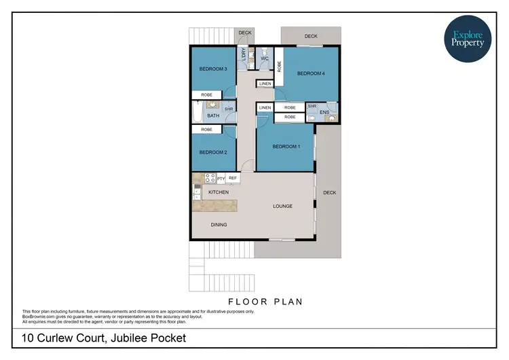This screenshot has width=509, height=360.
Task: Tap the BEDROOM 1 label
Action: (286, 147)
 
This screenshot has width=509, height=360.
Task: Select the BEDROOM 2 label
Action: (212, 152)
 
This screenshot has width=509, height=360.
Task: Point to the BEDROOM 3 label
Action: (212, 69)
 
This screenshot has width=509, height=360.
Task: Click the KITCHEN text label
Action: (219, 192)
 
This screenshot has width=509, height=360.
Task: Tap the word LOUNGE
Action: (282, 206)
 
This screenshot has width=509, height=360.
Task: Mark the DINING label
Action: (219, 225)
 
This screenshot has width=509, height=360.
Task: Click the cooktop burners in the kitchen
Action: (210, 179)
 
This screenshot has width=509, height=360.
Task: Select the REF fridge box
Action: (233, 178)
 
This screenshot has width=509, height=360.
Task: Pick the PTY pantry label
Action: (221, 179)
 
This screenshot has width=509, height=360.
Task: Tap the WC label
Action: (265, 58)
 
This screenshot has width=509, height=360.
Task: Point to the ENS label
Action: (324, 111)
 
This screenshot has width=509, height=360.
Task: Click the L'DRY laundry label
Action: (243, 55)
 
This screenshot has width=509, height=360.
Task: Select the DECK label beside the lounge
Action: (329, 193)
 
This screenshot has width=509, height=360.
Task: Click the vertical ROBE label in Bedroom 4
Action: (279, 66)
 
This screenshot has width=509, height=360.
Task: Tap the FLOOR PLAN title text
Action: (263, 301)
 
